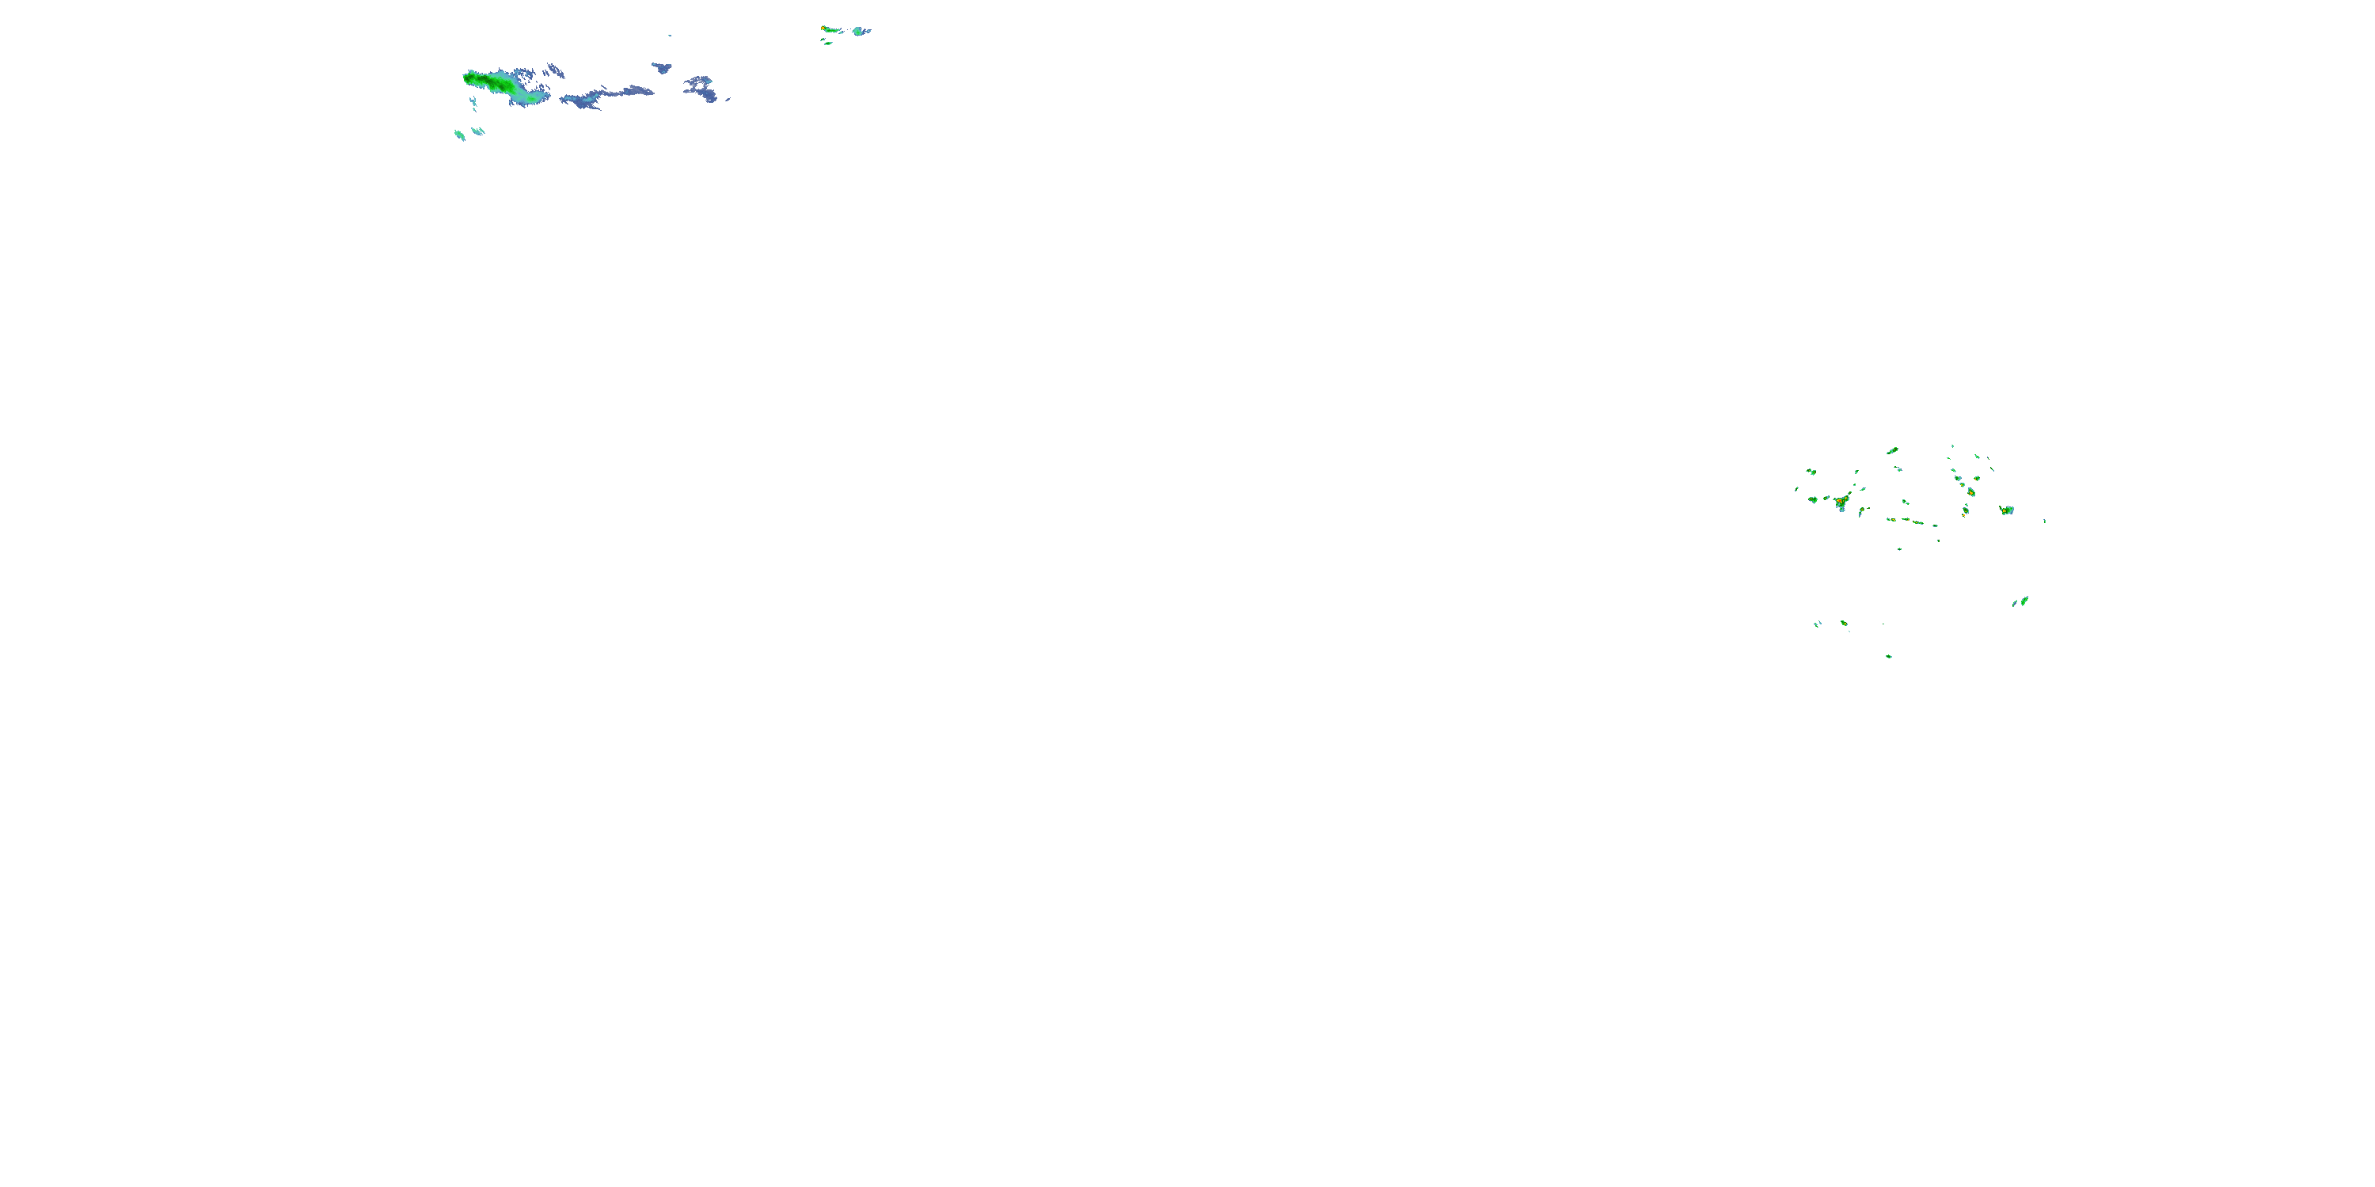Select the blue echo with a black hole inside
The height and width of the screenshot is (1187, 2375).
tap(701, 89)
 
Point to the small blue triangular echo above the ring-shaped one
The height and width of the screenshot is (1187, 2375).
tap(662, 67)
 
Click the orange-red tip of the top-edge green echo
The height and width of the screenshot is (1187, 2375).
tap(823, 28)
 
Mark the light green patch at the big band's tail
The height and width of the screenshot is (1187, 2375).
tap(532, 95)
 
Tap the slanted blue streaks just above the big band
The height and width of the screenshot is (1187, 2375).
tap(553, 70)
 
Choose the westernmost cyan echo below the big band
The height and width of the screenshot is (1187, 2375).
tap(459, 135)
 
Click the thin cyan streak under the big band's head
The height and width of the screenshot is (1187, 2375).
tap(474, 103)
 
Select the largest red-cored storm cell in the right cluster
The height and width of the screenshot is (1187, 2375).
tap(1841, 503)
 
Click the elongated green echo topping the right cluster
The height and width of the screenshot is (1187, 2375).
tap(1893, 450)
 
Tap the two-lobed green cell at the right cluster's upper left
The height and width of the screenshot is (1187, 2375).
tap(1811, 472)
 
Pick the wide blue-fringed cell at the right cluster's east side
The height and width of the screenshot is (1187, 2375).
tap(2006, 510)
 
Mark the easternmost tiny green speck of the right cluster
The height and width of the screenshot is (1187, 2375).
tap(2045, 521)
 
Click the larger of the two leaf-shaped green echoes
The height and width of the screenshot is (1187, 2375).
tap(2023, 601)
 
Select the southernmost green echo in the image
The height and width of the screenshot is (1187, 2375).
tap(1889, 656)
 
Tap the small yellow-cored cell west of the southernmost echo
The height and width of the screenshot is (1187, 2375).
tap(1844, 623)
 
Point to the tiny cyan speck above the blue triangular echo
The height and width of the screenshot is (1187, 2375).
tap(669, 36)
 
